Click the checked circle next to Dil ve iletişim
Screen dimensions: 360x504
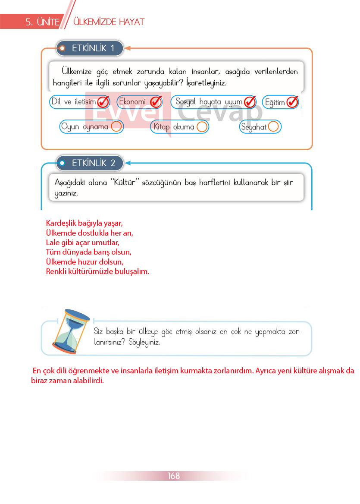point(103,102)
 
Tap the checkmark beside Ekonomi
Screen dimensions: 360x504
point(156,102)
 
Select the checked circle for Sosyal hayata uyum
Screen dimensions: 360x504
point(250,102)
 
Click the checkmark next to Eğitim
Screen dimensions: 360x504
point(293,102)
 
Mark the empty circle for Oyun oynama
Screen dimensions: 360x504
point(116,126)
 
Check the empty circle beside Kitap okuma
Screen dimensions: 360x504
point(202,126)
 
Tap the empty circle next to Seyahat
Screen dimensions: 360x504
point(273,126)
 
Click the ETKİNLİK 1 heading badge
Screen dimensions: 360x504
point(90,48)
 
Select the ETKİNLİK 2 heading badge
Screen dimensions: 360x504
point(90,163)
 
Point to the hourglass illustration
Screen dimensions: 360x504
point(71,331)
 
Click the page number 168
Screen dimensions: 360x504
point(174,476)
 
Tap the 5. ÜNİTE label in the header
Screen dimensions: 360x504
point(42,22)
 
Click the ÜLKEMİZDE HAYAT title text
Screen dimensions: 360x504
point(109,22)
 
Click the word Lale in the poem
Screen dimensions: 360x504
point(52,243)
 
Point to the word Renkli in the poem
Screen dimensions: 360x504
point(56,271)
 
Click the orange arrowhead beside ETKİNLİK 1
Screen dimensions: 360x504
point(128,48)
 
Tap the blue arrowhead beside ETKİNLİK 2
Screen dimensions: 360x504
point(128,163)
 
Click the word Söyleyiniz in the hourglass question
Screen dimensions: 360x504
point(144,342)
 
